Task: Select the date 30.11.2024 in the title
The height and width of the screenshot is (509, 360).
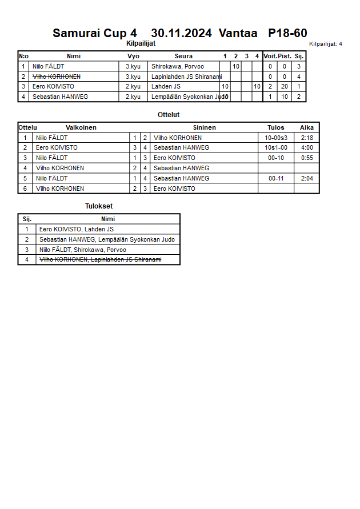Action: pyautogui.click(x=181, y=33)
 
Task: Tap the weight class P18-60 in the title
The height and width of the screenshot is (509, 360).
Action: pyautogui.click(x=287, y=33)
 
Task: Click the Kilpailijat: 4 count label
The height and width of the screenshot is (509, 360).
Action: pyautogui.click(x=325, y=44)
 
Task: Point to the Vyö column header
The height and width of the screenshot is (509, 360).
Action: pyautogui.click(x=133, y=56)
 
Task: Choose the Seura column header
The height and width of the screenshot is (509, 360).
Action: pyautogui.click(x=183, y=56)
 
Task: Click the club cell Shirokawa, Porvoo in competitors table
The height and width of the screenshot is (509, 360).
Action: pyautogui.click(x=177, y=66)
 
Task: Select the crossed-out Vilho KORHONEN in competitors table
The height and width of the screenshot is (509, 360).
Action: pyautogui.click(x=56, y=77)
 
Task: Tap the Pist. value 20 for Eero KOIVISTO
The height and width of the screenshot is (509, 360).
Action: pyautogui.click(x=284, y=87)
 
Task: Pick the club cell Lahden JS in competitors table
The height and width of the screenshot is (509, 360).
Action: pyautogui.click(x=166, y=87)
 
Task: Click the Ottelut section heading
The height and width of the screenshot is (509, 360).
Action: pyautogui.click(x=169, y=115)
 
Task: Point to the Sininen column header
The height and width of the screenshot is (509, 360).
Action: pyautogui.click(x=204, y=127)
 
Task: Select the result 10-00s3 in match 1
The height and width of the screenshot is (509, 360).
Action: pyautogui.click(x=276, y=138)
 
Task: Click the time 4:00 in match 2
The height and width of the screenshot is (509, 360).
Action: pyautogui.click(x=307, y=148)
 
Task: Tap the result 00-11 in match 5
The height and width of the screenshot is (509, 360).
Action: pyautogui.click(x=276, y=179)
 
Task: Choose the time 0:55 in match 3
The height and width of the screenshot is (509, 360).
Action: pyautogui.click(x=307, y=158)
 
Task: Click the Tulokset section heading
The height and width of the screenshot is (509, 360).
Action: pyautogui.click(x=99, y=206)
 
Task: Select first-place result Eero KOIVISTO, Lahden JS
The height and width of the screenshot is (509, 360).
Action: pyautogui.click(x=76, y=230)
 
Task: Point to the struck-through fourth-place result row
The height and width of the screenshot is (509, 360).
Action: pyautogui.click(x=100, y=260)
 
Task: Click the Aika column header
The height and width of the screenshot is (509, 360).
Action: pyautogui.click(x=307, y=127)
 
